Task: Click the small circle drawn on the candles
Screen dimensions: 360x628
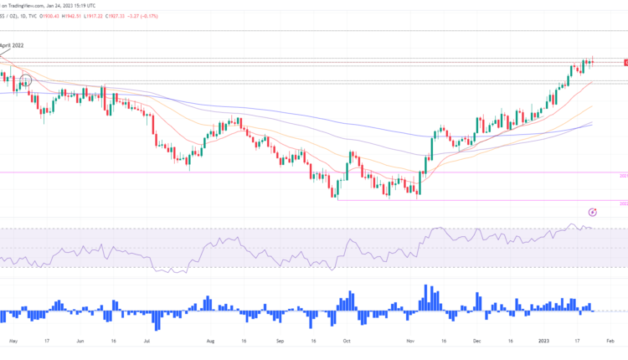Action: (x=26, y=80)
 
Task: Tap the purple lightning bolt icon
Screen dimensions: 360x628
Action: (x=593, y=213)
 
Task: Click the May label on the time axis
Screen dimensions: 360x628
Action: (x=12, y=341)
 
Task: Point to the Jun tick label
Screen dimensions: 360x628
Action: (x=81, y=341)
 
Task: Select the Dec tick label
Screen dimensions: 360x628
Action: (x=477, y=341)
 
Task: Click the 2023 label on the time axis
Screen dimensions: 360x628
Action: (x=543, y=341)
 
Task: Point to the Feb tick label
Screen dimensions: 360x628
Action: (x=610, y=341)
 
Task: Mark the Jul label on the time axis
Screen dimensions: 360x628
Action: (x=147, y=341)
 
